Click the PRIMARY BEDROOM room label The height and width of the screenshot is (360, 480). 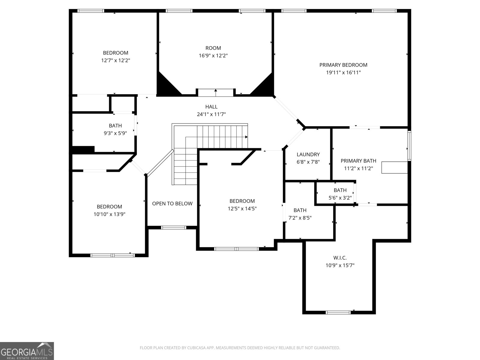pos(343,65)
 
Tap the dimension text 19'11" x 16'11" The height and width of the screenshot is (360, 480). pos(343,72)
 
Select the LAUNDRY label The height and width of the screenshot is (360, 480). pos(308,154)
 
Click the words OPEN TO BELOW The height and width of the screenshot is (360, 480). pos(172,203)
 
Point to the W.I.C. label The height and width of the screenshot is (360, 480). pos(340,258)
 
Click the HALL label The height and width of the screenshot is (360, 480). pos(211,106)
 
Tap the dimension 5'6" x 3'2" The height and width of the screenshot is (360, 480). pos(340,198)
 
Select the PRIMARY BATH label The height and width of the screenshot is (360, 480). pos(358,161)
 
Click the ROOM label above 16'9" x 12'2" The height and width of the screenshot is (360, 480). pos(213,48)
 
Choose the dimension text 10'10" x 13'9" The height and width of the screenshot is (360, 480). pos(109,214)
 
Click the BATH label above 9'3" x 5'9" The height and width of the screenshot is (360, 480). pos(115,126)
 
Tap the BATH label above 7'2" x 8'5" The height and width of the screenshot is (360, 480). pos(300,210)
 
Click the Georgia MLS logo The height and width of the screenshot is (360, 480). pos(27,351)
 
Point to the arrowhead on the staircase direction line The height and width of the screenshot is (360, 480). pos(246,137)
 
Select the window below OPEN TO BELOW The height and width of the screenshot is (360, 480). pos(173,227)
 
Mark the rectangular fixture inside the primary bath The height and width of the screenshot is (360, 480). pos(394,167)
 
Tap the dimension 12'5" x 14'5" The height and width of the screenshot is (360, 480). pos(242,208)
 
